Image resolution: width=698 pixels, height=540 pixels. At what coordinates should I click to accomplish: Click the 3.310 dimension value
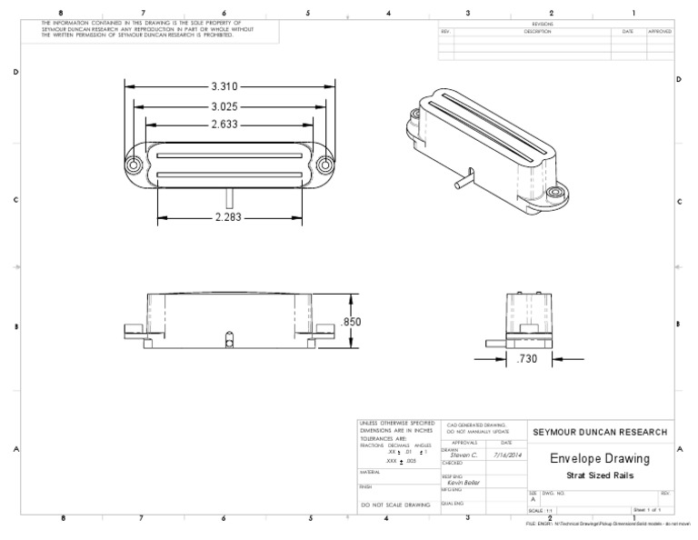pyautogui.click(x=225, y=86)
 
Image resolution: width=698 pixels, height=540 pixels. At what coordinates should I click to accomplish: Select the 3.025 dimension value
pyautogui.click(x=225, y=105)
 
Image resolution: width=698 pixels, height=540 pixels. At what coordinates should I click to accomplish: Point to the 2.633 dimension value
pyautogui.click(x=225, y=125)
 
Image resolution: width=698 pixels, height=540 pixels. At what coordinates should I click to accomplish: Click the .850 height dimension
pyautogui.click(x=352, y=323)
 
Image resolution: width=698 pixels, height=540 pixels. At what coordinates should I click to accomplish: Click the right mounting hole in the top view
pyautogui.click(x=324, y=165)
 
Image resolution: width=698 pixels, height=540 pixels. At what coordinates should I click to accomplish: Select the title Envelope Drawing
pyautogui.click(x=600, y=459)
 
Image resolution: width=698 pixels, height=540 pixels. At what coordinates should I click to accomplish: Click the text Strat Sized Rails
pyautogui.click(x=600, y=475)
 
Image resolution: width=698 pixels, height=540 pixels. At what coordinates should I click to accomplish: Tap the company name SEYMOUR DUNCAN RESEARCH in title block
pyautogui.click(x=599, y=432)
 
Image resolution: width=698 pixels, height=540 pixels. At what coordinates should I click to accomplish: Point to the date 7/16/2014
pyautogui.click(x=506, y=455)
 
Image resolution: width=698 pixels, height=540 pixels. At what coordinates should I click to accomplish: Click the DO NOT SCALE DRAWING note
pyautogui.click(x=395, y=503)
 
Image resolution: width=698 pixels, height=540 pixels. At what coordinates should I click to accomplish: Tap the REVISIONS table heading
pyautogui.click(x=555, y=25)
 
